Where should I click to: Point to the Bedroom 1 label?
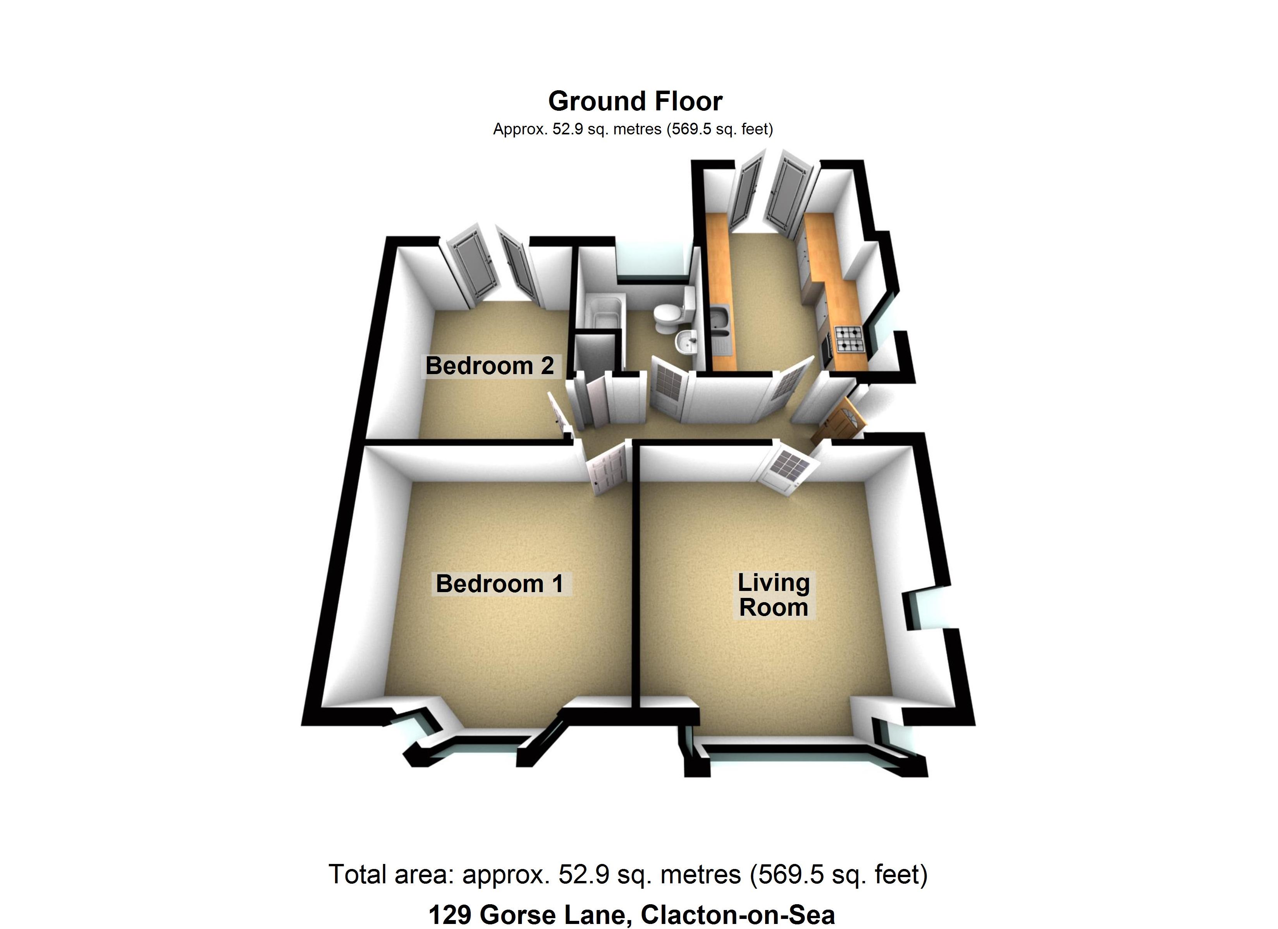click(x=499, y=584)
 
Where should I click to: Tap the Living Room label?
click(x=773, y=595)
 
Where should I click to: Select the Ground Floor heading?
click(x=635, y=101)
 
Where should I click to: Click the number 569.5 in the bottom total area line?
click(x=786, y=874)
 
